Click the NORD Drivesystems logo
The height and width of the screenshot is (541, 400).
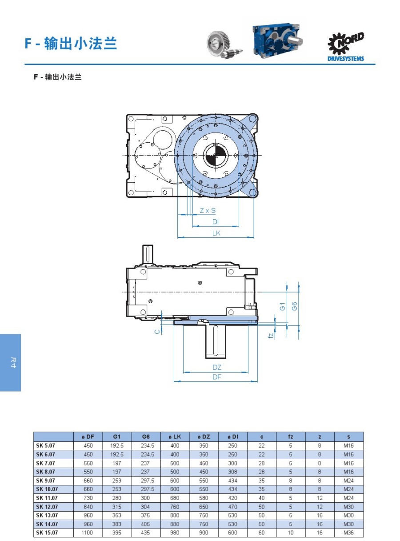pyautogui.click(x=345, y=46)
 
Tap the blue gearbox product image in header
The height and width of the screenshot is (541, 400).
pyautogui.click(x=277, y=40)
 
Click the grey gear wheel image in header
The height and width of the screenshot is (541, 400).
pyautogui.click(x=224, y=45)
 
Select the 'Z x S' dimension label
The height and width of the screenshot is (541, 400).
pyautogui.click(x=208, y=210)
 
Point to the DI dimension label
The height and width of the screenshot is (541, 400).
pyautogui.click(x=216, y=221)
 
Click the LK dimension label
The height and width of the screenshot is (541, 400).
pyautogui.click(x=216, y=233)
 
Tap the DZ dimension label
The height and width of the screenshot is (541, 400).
pyautogui.click(x=216, y=367)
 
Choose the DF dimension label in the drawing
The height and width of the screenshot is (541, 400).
pyautogui.click(x=216, y=377)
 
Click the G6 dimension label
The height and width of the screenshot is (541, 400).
pyautogui.click(x=294, y=306)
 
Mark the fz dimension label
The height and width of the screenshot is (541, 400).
pyautogui.click(x=271, y=336)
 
